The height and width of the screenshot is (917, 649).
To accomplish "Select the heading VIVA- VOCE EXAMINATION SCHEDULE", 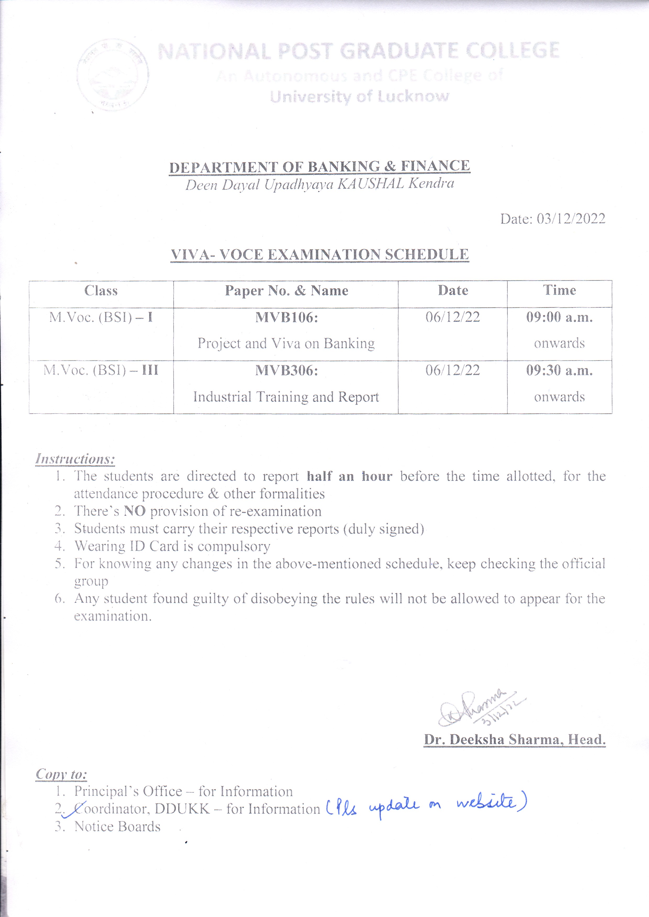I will [x=320, y=254].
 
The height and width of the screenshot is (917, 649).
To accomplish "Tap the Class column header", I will [x=101, y=291].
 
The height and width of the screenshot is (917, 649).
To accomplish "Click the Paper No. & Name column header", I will [x=286, y=291].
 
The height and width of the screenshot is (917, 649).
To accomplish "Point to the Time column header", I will [x=559, y=290].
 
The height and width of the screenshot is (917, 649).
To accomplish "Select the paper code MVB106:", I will [x=286, y=318].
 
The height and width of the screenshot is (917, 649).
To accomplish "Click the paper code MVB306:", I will [x=286, y=371].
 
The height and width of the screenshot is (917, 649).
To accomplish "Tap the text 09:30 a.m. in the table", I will [x=559, y=371].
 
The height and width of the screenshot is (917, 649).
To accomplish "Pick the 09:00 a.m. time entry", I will [x=559, y=318].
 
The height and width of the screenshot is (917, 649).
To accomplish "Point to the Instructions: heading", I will [x=75, y=459].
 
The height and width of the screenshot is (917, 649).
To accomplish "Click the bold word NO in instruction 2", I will [x=135, y=511].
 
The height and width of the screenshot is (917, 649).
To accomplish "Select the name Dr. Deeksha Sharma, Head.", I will [x=514, y=740].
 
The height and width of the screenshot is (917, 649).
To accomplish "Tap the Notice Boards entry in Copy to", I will [x=117, y=826].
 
